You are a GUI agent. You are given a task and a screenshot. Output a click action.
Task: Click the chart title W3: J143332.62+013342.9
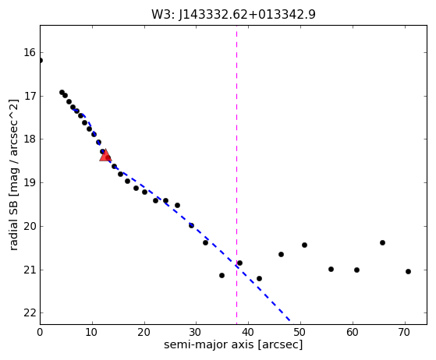(233, 15)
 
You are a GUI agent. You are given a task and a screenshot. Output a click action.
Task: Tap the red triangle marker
(105, 156)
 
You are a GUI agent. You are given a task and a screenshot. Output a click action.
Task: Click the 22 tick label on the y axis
(30, 313)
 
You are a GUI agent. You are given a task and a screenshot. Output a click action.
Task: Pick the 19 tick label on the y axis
(30, 183)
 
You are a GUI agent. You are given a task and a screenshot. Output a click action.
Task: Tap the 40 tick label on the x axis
(248, 332)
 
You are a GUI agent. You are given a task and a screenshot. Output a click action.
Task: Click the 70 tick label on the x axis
(405, 332)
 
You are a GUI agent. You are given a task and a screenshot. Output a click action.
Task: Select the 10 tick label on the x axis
(92, 332)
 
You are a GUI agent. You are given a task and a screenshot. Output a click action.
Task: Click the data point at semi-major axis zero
(40, 60)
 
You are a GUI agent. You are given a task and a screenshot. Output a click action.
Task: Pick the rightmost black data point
(408, 271)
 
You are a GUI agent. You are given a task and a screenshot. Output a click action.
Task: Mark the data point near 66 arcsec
(382, 242)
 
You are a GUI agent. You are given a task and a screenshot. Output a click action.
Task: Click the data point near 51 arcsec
(304, 245)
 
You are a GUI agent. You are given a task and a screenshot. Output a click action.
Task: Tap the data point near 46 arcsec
(281, 254)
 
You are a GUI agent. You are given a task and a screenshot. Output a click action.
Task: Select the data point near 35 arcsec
(222, 275)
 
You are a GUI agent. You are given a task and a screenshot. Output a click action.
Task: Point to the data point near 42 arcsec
(259, 278)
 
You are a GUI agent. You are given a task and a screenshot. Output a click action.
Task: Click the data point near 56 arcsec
(331, 269)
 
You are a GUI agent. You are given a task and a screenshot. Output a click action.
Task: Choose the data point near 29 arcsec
(191, 225)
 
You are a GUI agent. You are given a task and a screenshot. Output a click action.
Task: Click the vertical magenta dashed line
(236, 175)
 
